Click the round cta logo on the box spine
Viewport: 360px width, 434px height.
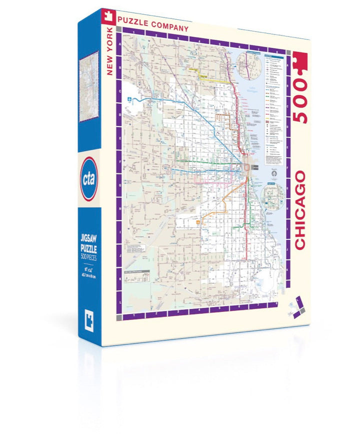click(x=88, y=179)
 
